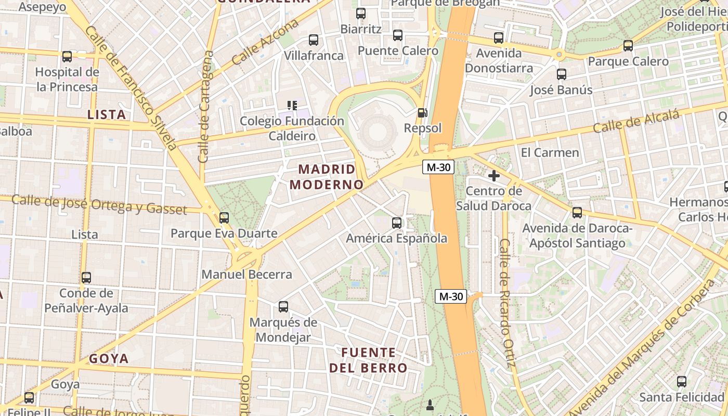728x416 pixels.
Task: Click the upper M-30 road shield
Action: [x=438, y=167]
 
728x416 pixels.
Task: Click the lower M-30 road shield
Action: [x=451, y=296]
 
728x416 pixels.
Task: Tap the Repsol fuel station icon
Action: [x=423, y=113]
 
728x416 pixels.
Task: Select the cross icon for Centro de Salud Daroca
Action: [x=494, y=175]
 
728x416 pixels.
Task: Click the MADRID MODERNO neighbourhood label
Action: [x=327, y=177]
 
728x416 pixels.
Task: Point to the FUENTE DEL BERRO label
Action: [x=368, y=360]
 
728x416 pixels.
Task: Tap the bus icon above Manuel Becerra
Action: [x=224, y=217]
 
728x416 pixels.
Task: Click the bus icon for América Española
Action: [x=397, y=223]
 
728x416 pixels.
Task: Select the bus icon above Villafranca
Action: [x=313, y=40]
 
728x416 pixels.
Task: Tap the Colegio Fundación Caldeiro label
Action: [x=292, y=128]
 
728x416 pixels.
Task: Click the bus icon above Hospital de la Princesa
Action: [x=67, y=56]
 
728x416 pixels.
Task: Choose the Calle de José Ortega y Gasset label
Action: [x=99, y=204]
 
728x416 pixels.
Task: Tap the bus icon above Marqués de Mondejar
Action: [x=283, y=306]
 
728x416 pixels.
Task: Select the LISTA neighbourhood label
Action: [x=107, y=114]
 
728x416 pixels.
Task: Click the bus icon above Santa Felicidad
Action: [x=681, y=382]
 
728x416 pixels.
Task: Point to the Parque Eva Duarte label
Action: [x=224, y=233]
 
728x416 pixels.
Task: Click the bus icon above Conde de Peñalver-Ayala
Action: [x=86, y=278]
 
